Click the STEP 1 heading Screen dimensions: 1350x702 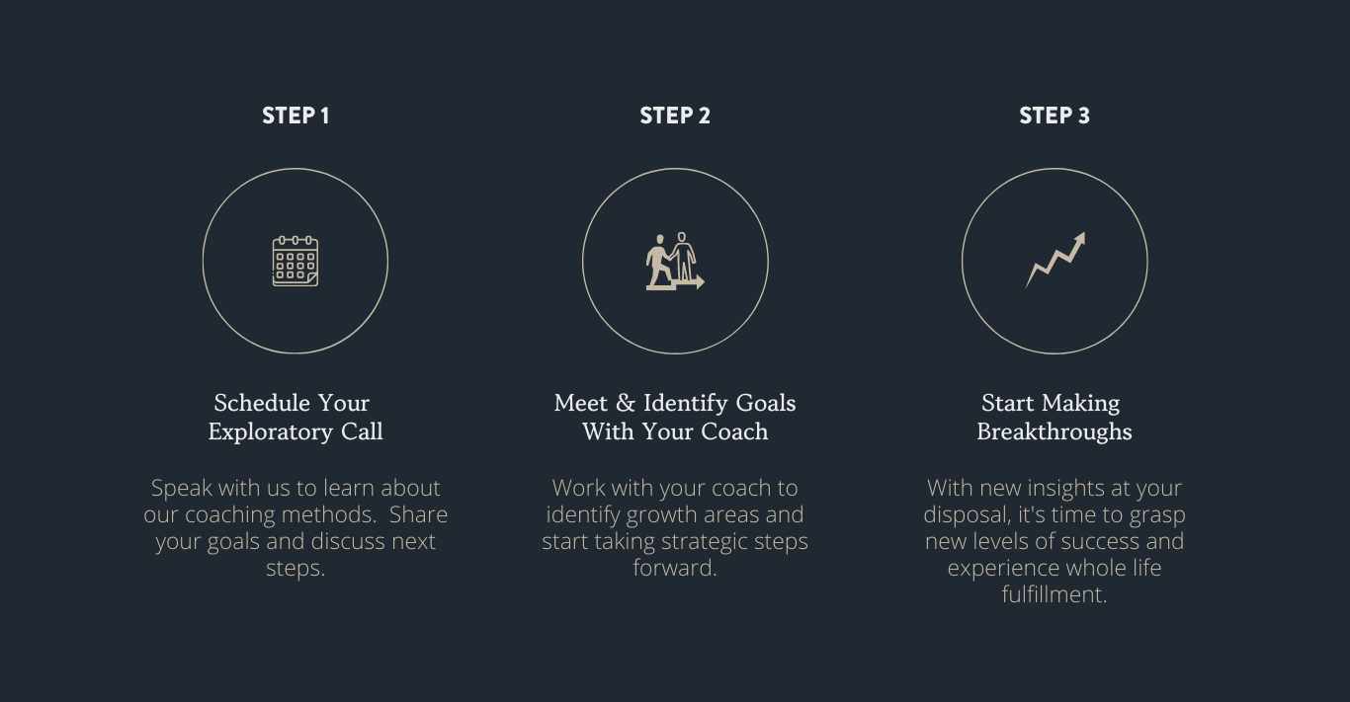coord(295,116)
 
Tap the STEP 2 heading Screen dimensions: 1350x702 coord(675,116)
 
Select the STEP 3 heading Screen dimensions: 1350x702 coord(1055,116)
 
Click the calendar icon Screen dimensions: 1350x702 coord(295,262)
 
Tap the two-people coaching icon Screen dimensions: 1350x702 coord(675,262)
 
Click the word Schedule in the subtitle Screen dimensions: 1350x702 coord(262,403)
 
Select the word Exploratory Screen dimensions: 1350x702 coord(270,432)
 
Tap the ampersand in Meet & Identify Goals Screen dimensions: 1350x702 coord(626,403)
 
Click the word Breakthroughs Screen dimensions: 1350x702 coord(1055,432)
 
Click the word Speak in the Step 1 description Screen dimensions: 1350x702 coord(182,489)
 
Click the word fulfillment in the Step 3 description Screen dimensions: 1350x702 coord(1053,594)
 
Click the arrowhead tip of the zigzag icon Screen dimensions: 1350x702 coord(1085,232)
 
